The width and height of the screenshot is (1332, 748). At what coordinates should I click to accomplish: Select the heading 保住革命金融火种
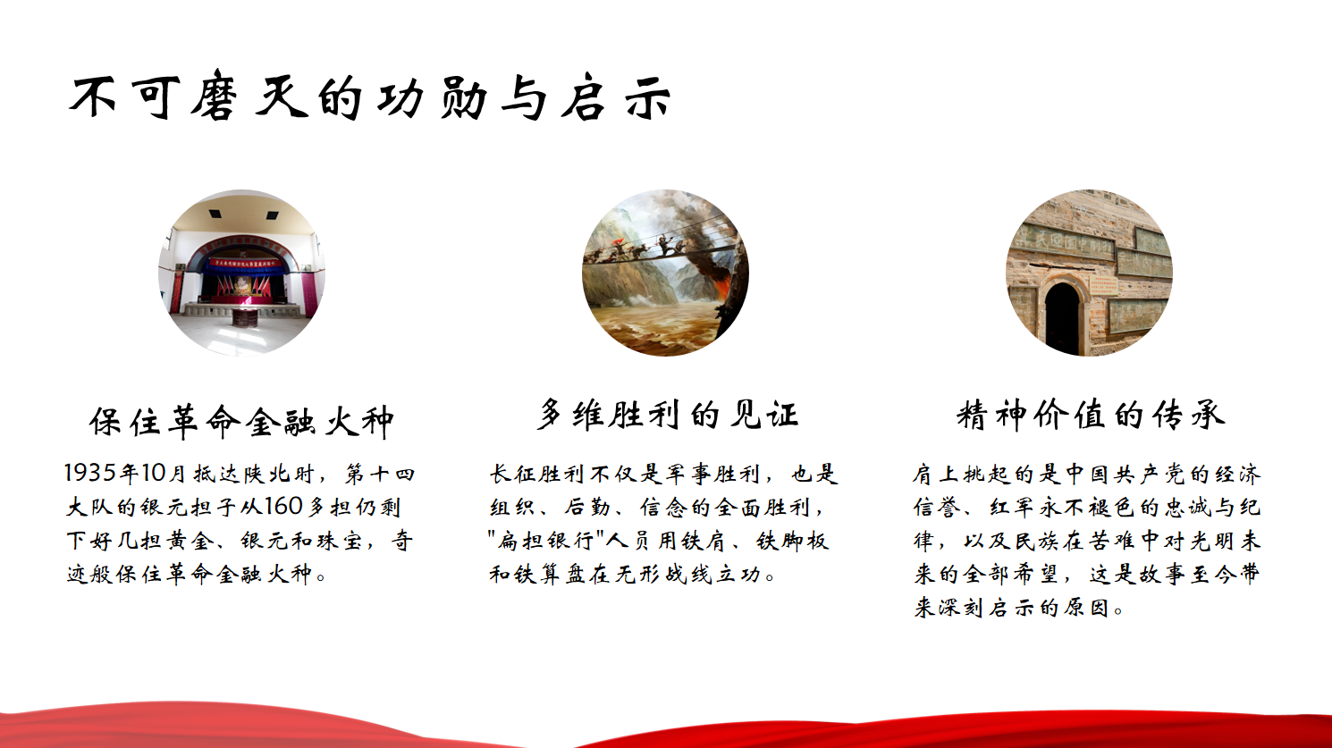pyautogui.click(x=241, y=421)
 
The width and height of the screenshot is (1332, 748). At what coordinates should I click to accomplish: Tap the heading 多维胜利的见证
pyautogui.click(x=667, y=414)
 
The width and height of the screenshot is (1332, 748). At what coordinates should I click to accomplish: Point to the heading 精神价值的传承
pyautogui.click(x=1091, y=415)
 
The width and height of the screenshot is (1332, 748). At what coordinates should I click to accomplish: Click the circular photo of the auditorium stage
pyautogui.click(x=241, y=273)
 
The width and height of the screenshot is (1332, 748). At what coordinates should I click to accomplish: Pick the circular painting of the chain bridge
pyautogui.click(x=665, y=273)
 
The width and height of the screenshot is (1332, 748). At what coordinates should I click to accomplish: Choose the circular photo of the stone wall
pyautogui.click(x=1090, y=273)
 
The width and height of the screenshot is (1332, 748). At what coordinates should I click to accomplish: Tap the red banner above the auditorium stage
pyautogui.click(x=244, y=262)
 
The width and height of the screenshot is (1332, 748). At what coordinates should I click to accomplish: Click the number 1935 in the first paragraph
pyautogui.click(x=89, y=474)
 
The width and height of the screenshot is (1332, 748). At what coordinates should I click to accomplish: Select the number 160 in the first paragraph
pyautogui.click(x=283, y=507)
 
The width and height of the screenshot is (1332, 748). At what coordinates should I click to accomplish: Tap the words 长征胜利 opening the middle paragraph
pyautogui.click(x=536, y=474)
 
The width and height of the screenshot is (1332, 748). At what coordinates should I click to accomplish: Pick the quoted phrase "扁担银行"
pyautogui.click(x=546, y=541)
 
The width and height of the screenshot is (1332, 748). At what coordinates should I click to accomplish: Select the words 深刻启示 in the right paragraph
pyautogui.click(x=987, y=608)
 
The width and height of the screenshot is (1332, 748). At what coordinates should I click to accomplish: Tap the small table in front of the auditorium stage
pyautogui.click(x=244, y=317)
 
